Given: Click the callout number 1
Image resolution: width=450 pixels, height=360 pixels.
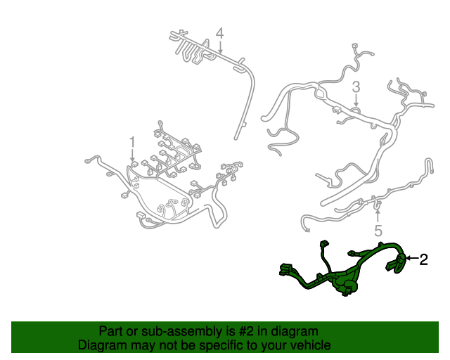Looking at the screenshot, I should [x=131, y=143].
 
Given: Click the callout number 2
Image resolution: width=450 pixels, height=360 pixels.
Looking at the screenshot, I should [x=423, y=259].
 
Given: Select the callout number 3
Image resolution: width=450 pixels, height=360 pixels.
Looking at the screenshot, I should [x=356, y=86].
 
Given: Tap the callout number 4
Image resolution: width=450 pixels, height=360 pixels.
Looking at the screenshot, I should [x=219, y=33].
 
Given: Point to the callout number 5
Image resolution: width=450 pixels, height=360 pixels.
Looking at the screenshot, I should [x=378, y=231].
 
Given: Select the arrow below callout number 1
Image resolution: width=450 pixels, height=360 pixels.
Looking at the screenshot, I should [x=131, y=159].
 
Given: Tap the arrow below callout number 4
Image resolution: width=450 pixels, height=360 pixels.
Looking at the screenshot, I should [x=220, y=49].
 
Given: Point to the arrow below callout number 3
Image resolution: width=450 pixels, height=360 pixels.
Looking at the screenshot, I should [x=356, y=102].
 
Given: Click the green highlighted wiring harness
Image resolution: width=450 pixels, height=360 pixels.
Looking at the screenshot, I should [x=352, y=271].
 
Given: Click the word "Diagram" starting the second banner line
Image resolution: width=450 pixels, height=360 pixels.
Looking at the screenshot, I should [x=102, y=346].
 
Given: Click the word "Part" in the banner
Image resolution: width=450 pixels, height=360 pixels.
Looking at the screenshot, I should [x=111, y=331].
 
